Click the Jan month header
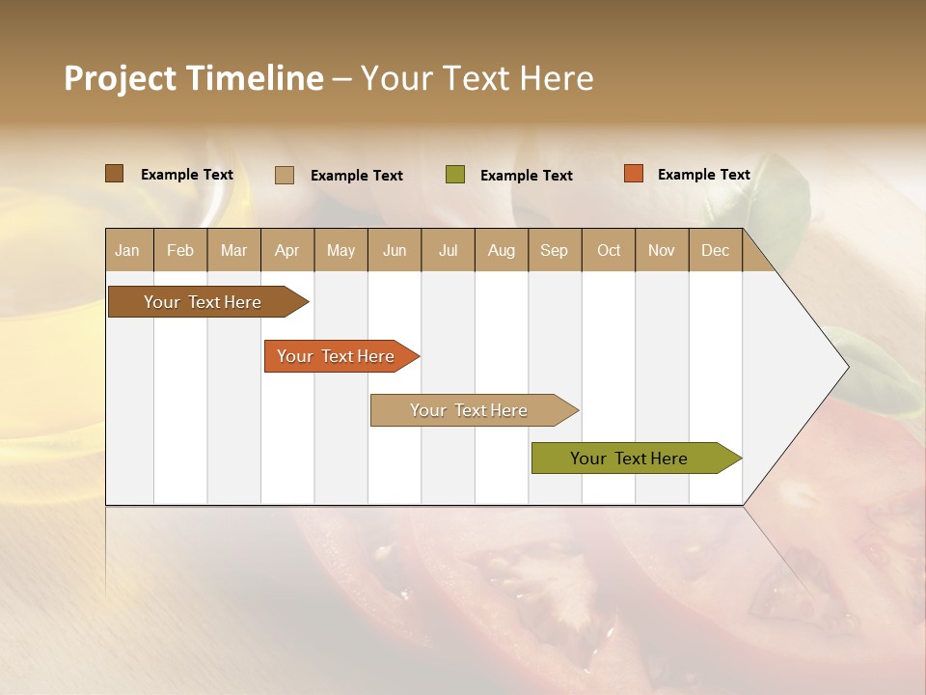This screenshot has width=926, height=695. click(x=127, y=251)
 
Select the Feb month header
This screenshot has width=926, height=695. click(x=180, y=251)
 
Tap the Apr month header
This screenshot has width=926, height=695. click(x=286, y=251)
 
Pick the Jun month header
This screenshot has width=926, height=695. click(x=395, y=251)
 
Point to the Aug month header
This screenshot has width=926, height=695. click(x=501, y=251)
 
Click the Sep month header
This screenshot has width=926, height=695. click(x=554, y=251)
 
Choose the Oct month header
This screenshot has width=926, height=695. click(x=609, y=251)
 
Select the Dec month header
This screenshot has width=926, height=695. click(x=715, y=251)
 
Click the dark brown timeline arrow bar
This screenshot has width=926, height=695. click(x=203, y=302)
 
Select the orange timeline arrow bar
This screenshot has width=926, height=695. click(x=336, y=356)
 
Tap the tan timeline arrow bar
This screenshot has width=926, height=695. click(x=469, y=410)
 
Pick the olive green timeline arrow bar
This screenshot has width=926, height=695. click(x=629, y=459)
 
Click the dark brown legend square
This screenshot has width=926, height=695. click(x=115, y=174)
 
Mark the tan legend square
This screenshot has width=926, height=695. click(x=285, y=175)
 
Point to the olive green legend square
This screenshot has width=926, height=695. click(x=455, y=175)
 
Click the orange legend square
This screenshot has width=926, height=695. click(x=634, y=174)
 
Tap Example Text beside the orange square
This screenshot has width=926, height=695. click(x=703, y=175)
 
